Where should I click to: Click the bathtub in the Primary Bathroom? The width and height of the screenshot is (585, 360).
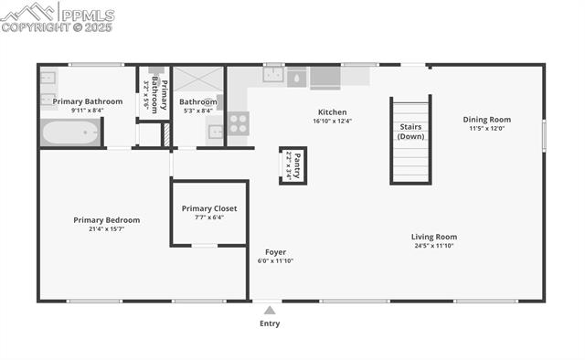click(70, 134)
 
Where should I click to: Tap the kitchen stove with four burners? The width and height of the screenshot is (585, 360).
click(238, 122)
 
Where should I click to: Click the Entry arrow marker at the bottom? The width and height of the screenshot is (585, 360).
click(269, 311)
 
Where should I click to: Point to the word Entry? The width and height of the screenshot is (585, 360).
click(270, 323)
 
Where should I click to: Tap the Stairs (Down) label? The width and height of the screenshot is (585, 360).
click(410, 131)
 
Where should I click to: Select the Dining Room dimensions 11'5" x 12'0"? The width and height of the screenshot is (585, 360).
click(486, 129)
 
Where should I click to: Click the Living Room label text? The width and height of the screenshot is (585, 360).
click(433, 237)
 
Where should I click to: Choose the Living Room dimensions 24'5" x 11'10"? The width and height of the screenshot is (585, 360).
click(433, 246)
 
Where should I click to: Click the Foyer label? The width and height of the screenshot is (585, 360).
click(275, 251)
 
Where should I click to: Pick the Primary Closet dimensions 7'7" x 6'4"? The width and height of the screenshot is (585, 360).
click(208, 217)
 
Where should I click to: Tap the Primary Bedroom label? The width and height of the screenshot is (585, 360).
click(107, 219)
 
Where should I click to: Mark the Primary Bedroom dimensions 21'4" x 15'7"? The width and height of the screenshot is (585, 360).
click(107, 228)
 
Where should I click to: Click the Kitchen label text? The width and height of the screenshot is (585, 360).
click(332, 111)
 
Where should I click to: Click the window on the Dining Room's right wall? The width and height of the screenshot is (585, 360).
click(544, 135)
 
